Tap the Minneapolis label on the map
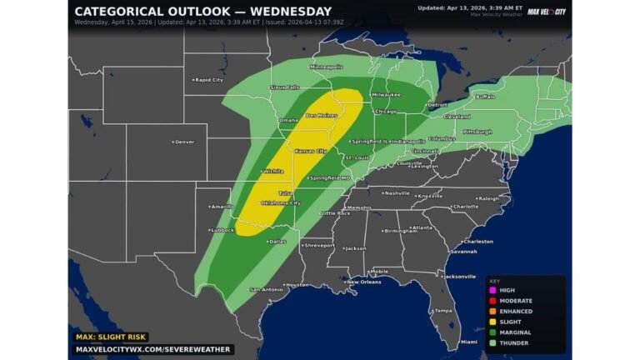(326, 67)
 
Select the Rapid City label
(207, 80)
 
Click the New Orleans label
(363, 282)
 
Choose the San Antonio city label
(267, 289)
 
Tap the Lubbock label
(222, 229)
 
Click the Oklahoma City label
(280, 202)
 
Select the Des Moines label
(322, 116)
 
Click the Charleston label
(478, 242)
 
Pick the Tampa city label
(442, 310)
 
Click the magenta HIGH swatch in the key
(492, 290)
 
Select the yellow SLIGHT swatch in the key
(492, 322)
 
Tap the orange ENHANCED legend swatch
(492, 311)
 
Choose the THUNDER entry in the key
(515, 342)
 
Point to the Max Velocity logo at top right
(547, 11)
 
